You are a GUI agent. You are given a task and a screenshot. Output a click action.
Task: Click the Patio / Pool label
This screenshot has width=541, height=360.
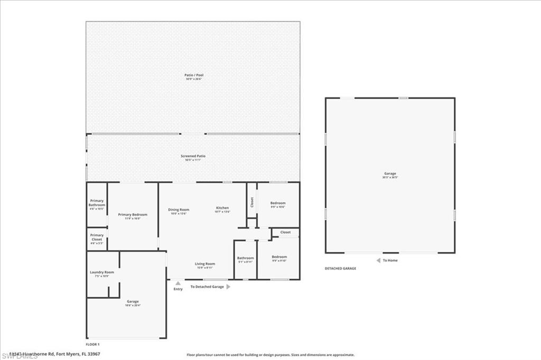pos(194,75)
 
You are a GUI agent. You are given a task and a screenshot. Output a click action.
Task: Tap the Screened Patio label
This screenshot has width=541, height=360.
pos(193,156)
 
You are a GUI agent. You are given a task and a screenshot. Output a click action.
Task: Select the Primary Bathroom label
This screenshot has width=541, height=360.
pos(97,203)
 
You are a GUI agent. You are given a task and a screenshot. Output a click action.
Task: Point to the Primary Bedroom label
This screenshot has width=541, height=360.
pos(133,215)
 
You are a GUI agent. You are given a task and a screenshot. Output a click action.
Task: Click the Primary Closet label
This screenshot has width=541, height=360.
pos(97,237)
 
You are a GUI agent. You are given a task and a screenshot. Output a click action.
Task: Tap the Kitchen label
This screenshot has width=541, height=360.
pos(222,208)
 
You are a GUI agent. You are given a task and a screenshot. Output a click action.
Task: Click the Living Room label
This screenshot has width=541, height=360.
pos(204,264)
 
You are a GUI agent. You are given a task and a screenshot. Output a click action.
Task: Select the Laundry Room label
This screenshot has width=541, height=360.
pos(102,272)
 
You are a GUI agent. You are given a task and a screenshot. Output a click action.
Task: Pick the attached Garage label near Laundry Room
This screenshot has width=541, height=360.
pos(133,301)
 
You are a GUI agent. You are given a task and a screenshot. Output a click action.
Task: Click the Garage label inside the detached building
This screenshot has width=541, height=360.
pos(390,174)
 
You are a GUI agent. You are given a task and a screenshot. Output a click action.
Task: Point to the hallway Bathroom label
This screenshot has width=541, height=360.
pos(245,258)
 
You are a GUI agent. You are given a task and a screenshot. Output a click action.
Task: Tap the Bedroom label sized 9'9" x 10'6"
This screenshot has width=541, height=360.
pos(278,203)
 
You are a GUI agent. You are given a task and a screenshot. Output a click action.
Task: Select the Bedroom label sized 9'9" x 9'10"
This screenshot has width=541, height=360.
pos(279,257)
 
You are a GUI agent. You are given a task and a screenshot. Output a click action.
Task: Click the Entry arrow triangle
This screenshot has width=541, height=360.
pos(178,283)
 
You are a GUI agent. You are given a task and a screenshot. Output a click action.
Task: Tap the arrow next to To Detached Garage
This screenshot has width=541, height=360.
pos(228,287)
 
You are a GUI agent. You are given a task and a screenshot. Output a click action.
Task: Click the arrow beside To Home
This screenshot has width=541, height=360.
pos(378,260)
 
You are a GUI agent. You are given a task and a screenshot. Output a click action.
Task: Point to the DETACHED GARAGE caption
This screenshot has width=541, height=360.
pos(340,269)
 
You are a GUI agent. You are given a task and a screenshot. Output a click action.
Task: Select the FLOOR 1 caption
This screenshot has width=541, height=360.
pos(92,344)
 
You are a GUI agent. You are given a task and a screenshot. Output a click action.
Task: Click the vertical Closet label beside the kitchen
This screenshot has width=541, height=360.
pos(252,202)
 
